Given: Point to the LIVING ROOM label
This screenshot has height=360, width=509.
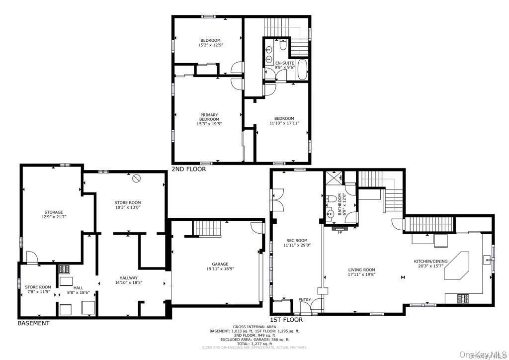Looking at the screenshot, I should tap(361, 270).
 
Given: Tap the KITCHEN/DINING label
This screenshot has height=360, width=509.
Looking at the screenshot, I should tap(430, 262).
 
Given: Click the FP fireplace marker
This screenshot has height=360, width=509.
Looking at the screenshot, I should tap(340, 232).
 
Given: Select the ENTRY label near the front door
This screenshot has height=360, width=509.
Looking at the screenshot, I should tap(304, 300).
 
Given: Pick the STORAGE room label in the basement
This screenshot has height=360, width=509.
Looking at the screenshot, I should tap(53, 212).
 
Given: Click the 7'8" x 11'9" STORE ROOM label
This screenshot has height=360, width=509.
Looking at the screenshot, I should tap(38, 287).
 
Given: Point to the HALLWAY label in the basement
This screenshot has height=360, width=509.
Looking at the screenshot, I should tap(128, 278).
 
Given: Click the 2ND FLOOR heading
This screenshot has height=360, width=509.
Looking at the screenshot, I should tap(188, 169).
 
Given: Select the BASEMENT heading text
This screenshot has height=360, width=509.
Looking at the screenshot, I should tap(34, 323).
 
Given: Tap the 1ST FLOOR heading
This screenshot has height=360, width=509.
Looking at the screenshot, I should tap(286, 320).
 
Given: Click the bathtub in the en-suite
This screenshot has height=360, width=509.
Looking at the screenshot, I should tap(302, 70).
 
